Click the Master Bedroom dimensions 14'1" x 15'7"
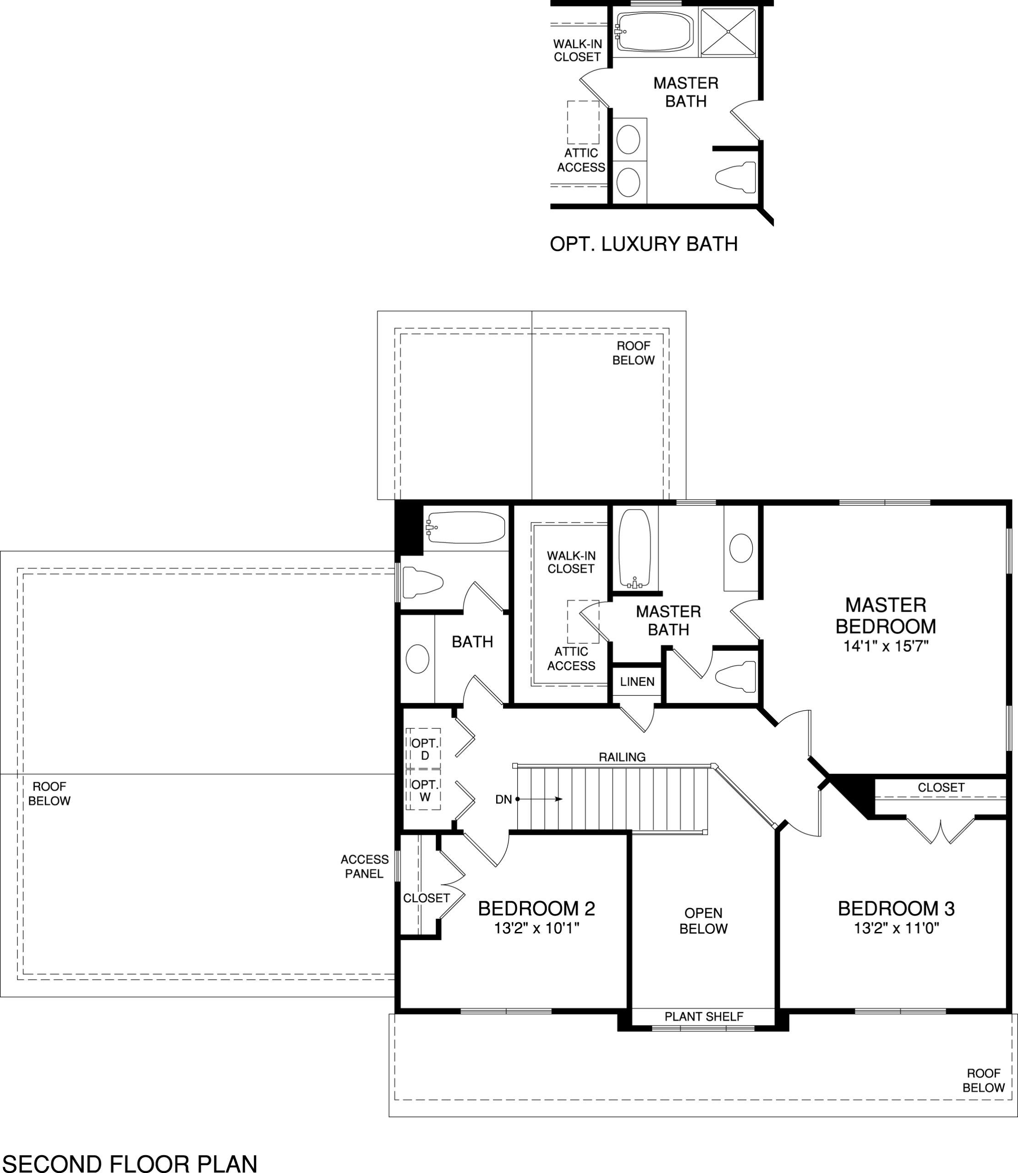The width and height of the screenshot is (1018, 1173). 886,646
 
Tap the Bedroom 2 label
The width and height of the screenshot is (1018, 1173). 536,909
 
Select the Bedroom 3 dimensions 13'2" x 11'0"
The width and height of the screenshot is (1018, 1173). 897,928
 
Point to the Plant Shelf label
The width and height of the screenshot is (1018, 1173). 704,1016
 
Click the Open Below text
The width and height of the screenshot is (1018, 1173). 703,921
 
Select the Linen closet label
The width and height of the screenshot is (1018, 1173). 637,682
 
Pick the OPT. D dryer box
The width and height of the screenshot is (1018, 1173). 424,749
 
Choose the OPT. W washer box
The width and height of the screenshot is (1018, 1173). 424,790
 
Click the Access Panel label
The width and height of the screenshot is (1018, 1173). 364,866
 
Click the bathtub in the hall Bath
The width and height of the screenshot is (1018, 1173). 466,528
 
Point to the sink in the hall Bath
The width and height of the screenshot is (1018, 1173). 417,659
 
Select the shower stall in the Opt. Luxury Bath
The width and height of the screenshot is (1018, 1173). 728,33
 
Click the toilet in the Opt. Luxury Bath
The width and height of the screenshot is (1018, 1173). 736,177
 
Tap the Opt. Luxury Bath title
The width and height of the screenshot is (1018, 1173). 644,244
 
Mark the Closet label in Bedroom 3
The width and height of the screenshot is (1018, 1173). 941,787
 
